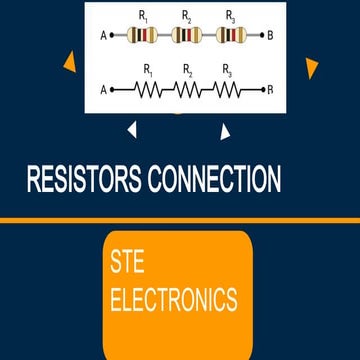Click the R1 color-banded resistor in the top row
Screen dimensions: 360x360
click(x=143, y=36)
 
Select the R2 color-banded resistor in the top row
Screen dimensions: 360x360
click(x=187, y=36)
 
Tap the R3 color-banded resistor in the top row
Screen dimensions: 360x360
click(x=231, y=36)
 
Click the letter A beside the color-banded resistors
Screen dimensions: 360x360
click(x=103, y=36)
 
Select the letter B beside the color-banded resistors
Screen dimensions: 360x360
click(x=270, y=36)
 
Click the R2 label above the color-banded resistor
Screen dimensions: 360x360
click(x=187, y=16)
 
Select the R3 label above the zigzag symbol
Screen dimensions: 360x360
click(x=228, y=71)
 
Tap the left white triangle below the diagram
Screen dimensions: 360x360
click(x=131, y=128)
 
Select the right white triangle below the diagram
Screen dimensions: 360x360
click(x=225, y=130)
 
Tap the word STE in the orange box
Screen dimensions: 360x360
click(x=127, y=264)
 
